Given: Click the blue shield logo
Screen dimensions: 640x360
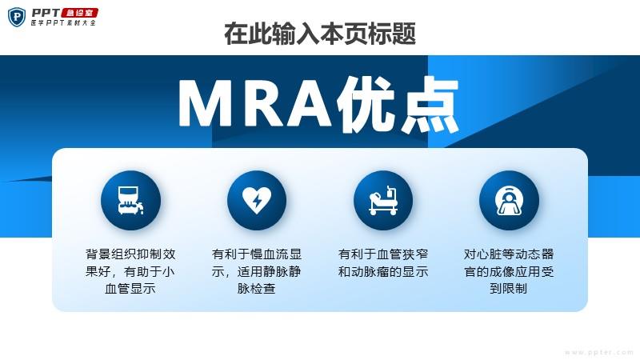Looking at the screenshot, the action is (x=17, y=18).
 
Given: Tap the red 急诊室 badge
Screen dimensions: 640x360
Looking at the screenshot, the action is (x=80, y=13).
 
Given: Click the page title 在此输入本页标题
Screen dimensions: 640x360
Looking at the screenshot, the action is (x=320, y=34).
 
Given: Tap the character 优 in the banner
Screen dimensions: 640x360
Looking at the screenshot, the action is (x=366, y=105).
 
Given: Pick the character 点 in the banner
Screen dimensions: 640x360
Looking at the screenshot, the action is (x=430, y=105).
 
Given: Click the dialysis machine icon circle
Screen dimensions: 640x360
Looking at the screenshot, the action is (x=130, y=201).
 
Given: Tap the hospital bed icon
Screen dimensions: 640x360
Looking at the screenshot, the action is (x=383, y=201).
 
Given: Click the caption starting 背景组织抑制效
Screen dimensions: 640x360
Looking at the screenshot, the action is (x=130, y=271).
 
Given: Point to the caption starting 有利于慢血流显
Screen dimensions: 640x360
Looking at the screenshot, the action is (x=257, y=271).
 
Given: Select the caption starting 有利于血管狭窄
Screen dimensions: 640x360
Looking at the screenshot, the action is (x=383, y=263).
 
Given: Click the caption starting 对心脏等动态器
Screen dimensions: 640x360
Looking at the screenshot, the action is (x=509, y=271).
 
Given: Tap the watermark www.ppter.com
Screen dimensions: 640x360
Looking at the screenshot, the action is (x=599, y=352).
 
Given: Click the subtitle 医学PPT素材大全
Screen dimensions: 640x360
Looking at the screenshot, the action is (x=64, y=23).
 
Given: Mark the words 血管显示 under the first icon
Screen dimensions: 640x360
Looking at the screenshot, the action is (x=130, y=289).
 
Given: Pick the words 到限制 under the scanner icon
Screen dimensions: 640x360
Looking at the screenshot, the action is (x=509, y=289).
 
